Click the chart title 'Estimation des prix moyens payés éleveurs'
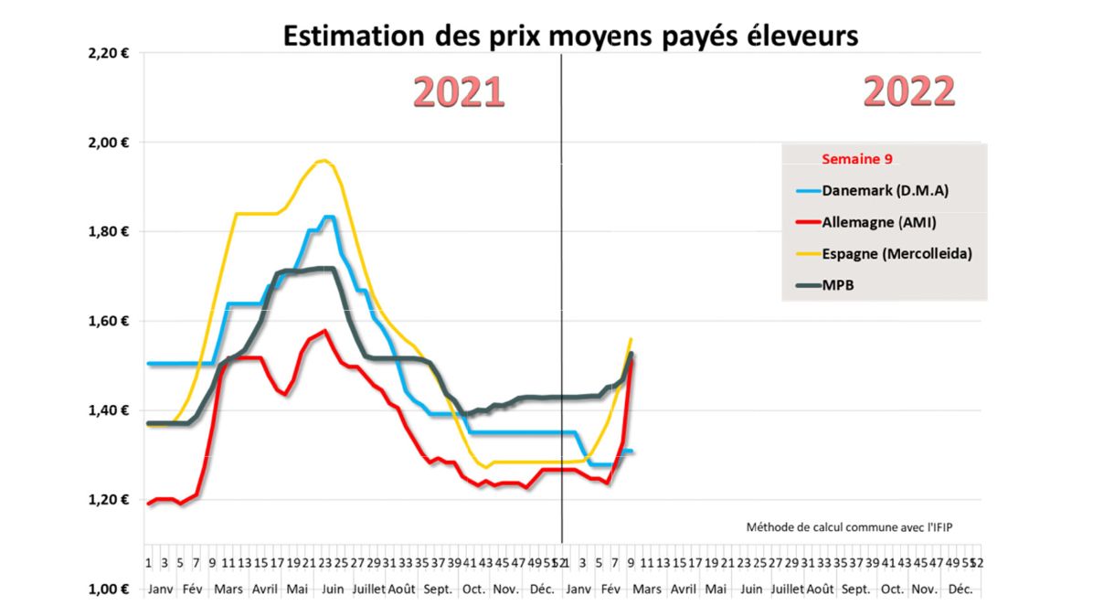pos(570,36)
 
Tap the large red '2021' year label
pos(459,93)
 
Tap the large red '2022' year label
pos(908,92)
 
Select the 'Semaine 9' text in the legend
pos(856,159)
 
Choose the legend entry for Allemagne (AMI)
pos(869,221)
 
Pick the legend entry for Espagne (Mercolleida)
pos(883,253)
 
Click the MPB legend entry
pos(838,284)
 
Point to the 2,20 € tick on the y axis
pos(108,53)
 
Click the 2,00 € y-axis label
pos(108,143)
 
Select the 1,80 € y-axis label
pos(108,231)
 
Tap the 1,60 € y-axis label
pos(108,321)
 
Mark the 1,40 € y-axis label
pos(108,410)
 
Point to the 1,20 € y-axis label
pos(108,500)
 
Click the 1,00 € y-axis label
pos(108,589)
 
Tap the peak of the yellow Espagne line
pos(322,161)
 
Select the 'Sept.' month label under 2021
pos(438,589)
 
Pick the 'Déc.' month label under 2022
pos(960,589)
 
